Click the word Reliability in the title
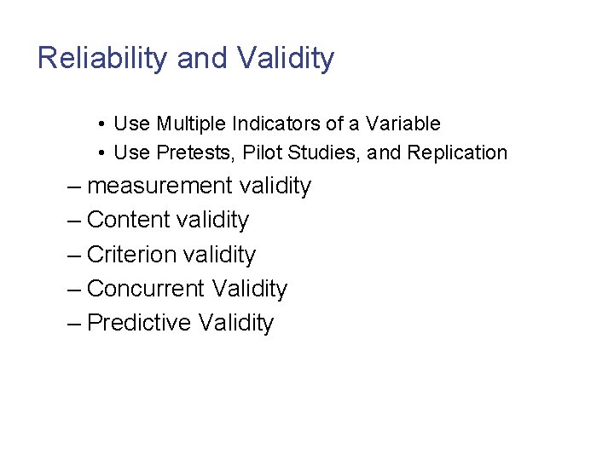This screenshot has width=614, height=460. click(x=103, y=59)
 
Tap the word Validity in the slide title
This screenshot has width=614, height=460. click(x=286, y=59)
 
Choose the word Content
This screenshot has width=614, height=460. click(x=129, y=221)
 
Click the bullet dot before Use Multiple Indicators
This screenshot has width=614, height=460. click(x=101, y=124)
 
